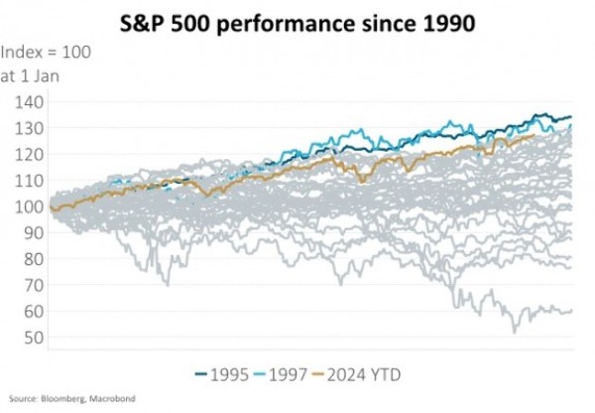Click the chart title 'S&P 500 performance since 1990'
297,21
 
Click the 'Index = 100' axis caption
47,52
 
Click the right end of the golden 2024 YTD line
535,136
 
